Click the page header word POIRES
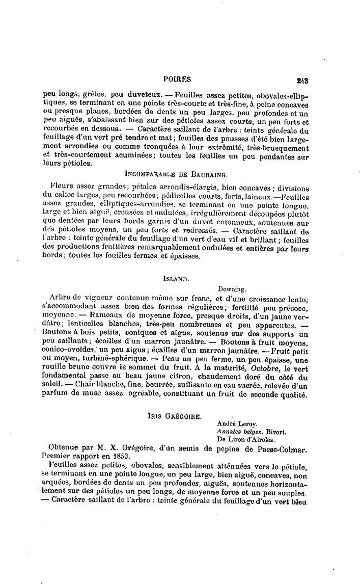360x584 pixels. (x=177, y=79)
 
